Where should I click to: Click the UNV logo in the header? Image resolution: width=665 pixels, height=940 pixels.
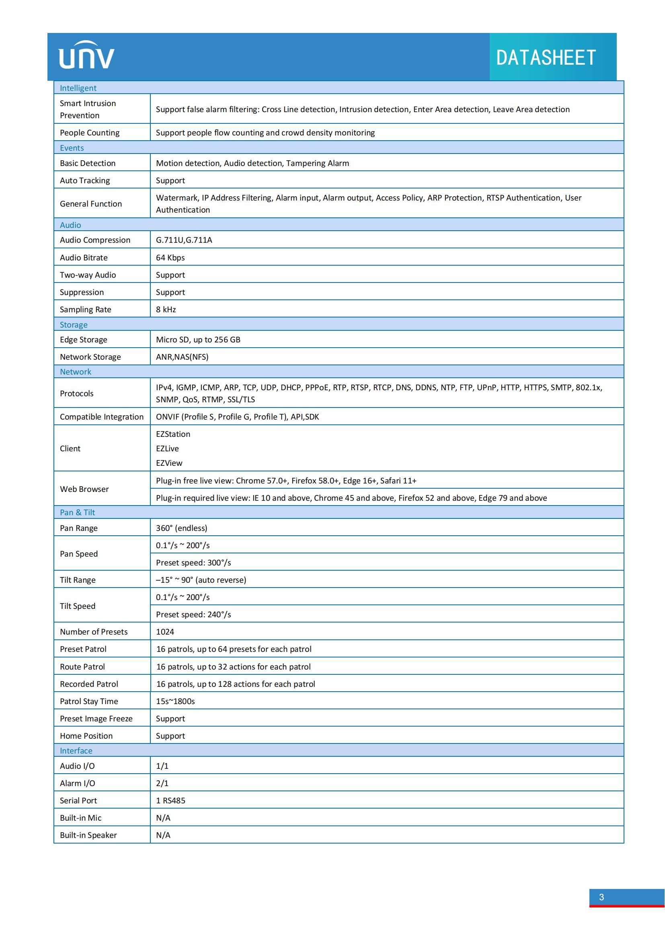pyautogui.click(x=86, y=55)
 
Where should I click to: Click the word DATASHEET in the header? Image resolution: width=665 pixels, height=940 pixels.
pyautogui.click(x=546, y=58)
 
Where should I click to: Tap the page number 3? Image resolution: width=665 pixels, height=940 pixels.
pyautogui.click(x=601, y=897)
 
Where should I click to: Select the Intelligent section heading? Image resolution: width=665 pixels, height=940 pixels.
pyautogui.click(x=78, y=88)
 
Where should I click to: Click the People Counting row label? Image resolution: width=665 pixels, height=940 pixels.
pyautogui.click(x=90, y=133)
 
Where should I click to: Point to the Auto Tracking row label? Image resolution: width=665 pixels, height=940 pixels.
pyautogui.click(x=85, y=180)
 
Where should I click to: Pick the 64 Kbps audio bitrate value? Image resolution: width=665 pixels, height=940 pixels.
pyautogui.click(x=170, y=258)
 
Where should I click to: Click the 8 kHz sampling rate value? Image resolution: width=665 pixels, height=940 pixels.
pyautogui.click(x=166, y=309)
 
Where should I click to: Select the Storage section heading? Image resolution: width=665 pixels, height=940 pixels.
pyautogui.click(x=74, y=325)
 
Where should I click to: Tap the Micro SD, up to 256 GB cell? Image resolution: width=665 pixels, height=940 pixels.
pyautogui.click(x=198, y=340)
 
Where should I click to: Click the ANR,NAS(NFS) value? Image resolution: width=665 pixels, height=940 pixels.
pyautogui.click(x=182, y=357)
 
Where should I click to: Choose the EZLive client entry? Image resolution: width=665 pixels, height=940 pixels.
pyautogui.click(x=167, y=449)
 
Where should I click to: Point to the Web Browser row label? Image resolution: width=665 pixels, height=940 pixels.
pyautogui.click(x=84, y=489)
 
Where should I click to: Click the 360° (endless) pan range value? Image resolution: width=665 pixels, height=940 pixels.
pyautogui.click(x=181, y=528)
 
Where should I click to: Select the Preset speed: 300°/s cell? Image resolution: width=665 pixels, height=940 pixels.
pyautogui.click(x=193, y=563)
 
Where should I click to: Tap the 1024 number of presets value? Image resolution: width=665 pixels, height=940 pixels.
pyautogui.click(x=164, y=632)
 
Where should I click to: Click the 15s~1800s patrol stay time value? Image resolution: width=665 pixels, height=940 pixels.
pyautogui.click(x=175, y=701)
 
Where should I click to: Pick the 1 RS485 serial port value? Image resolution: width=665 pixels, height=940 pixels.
pyautogui.click(x=170, y=801)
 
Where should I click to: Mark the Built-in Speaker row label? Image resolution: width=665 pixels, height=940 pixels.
pyautogui.click(x=88, y=835)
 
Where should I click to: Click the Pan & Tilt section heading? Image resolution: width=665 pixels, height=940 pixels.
pyautogui.click(x=77, y=512)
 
